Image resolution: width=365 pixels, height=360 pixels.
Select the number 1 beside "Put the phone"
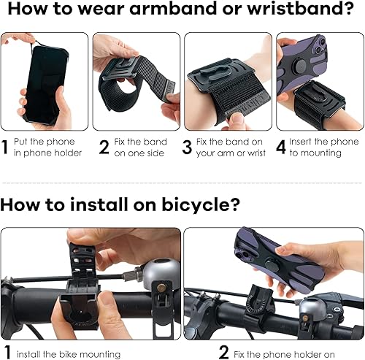[5, 147]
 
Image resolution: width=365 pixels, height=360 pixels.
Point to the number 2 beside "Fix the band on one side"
[103, 147]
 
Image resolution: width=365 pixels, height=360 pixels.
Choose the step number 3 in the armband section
[187, 147]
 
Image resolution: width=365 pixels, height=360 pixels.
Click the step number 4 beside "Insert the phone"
[280, 147]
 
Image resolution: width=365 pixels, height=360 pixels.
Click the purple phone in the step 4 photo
[298, 69]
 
